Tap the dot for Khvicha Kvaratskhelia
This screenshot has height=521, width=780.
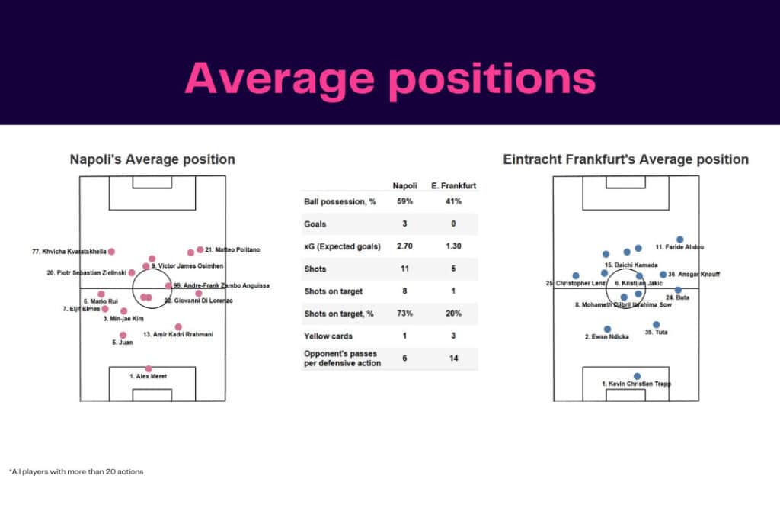point(111,252)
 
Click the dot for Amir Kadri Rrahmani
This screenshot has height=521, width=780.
point(178,326)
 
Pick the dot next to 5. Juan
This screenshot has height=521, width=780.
point(123,335)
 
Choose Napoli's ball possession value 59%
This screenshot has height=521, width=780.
point(404,202)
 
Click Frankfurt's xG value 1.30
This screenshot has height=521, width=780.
point(454,246)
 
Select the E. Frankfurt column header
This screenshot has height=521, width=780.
point(454,185)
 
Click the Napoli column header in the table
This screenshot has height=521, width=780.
point(404,185)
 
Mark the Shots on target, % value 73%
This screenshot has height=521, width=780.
point(404,314)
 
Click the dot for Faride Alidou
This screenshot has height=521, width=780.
point(680,240)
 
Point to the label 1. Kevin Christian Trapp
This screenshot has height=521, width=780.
point(636,384)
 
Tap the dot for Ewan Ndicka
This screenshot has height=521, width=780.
point(607,329)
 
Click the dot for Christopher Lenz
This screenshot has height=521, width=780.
point(576,275)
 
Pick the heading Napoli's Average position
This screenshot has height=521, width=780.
point(152,159)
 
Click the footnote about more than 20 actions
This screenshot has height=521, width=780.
point(76,471)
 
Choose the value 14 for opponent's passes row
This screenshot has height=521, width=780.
point(454,359)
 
